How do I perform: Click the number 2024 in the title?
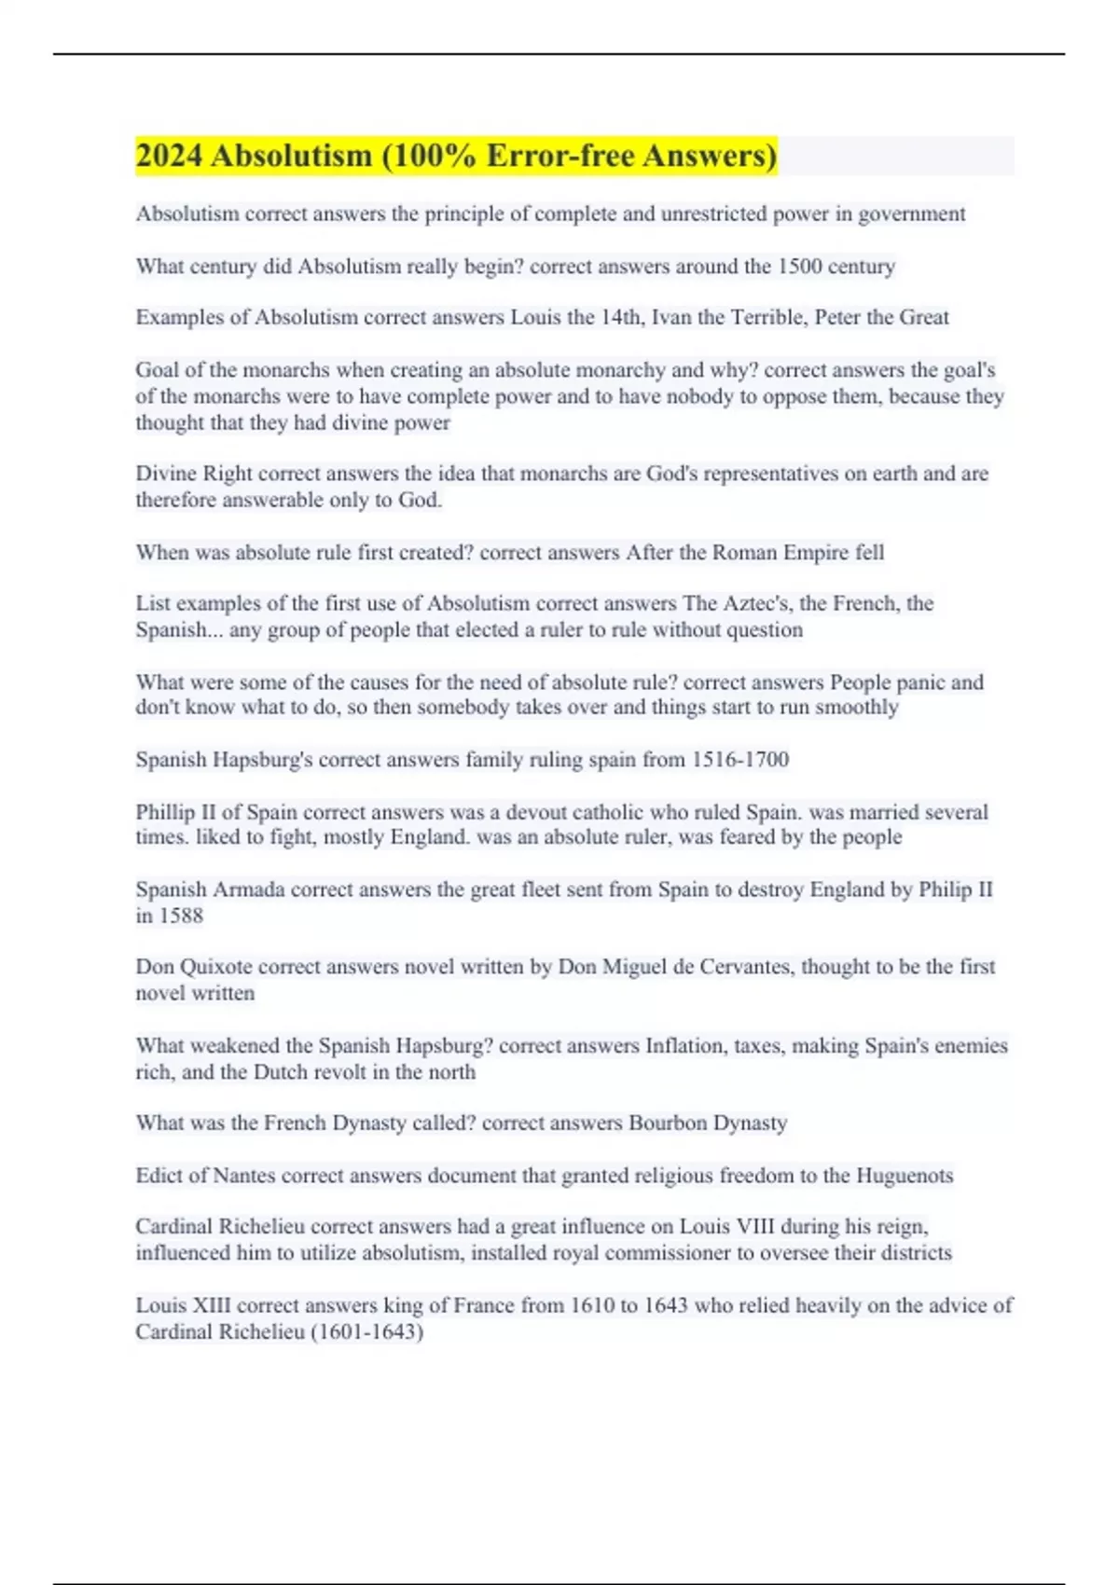tap(169, 156)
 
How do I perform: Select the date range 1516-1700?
tap(739, 760)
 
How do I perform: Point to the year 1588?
tap(181, 916)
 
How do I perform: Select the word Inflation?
tap(685, 1046)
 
